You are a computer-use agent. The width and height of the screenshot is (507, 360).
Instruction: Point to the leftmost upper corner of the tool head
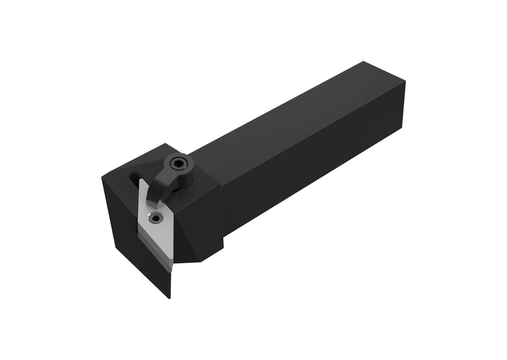click(x=102, y=177)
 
